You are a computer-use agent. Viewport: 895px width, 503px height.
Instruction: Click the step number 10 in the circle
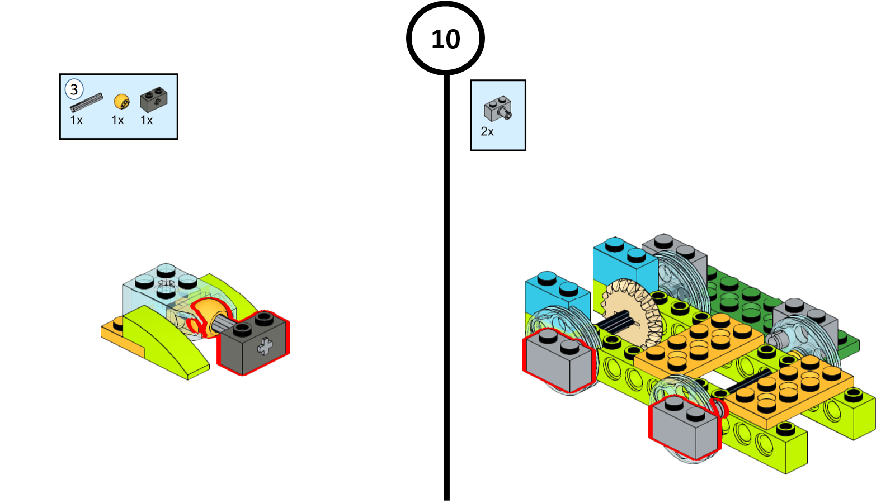click(445, 39)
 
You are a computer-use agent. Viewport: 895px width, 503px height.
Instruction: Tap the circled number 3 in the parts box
click(74, 89)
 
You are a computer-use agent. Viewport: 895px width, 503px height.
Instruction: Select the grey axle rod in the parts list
click(86, 102)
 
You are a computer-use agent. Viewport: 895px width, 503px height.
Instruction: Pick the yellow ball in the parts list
click(121, 102)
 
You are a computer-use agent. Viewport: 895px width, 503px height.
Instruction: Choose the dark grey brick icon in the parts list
click(153, 99)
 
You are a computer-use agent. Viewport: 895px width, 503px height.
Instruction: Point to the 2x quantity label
click(487, 132)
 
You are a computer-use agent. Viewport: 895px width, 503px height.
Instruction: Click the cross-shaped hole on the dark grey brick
click(265, 347)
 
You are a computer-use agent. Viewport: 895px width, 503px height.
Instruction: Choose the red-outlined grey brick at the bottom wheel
click(684, 428)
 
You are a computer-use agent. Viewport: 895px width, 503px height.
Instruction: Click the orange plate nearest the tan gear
click(699, 344)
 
